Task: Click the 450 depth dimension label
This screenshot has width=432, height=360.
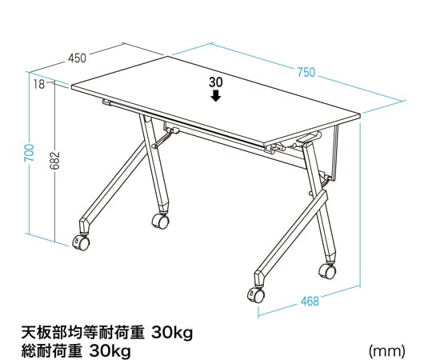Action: pyautogui.click(x=77, y=58)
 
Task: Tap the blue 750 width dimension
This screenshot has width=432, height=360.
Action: pyautogui.click(x=306, y=72)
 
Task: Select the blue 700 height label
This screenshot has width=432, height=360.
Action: pyautogui.click(x=29, y=153)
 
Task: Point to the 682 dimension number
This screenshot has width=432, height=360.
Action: pyautogui.click(x=54, y=160)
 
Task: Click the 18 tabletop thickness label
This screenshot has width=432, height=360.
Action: pyautogui.click(x=39, y=84)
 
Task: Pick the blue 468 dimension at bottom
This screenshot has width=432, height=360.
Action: pyautogui.click(x=310, y=302)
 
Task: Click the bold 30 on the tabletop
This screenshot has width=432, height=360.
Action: pyautogui.click(x=216, y=82)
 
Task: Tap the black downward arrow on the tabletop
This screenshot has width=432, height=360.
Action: pyautogui.click(x=216, y=96)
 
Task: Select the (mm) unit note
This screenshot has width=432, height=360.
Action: pyautogui.click(x=387, y=351)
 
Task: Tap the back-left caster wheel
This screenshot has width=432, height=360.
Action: pyautogui.click(x=160, y=221)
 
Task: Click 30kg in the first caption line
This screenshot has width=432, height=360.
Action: pyautogui.click(x=172, y=334)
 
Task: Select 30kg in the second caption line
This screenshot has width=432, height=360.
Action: pyautogui.click(x=110, y=351)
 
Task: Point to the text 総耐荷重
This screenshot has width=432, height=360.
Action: pyautogui.click(x=52, y=351)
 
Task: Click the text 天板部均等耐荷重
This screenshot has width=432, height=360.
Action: pyautogui.click(x=83, y=333)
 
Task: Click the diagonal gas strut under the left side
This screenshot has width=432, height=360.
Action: pyautogui.click(x=163, y=140)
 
